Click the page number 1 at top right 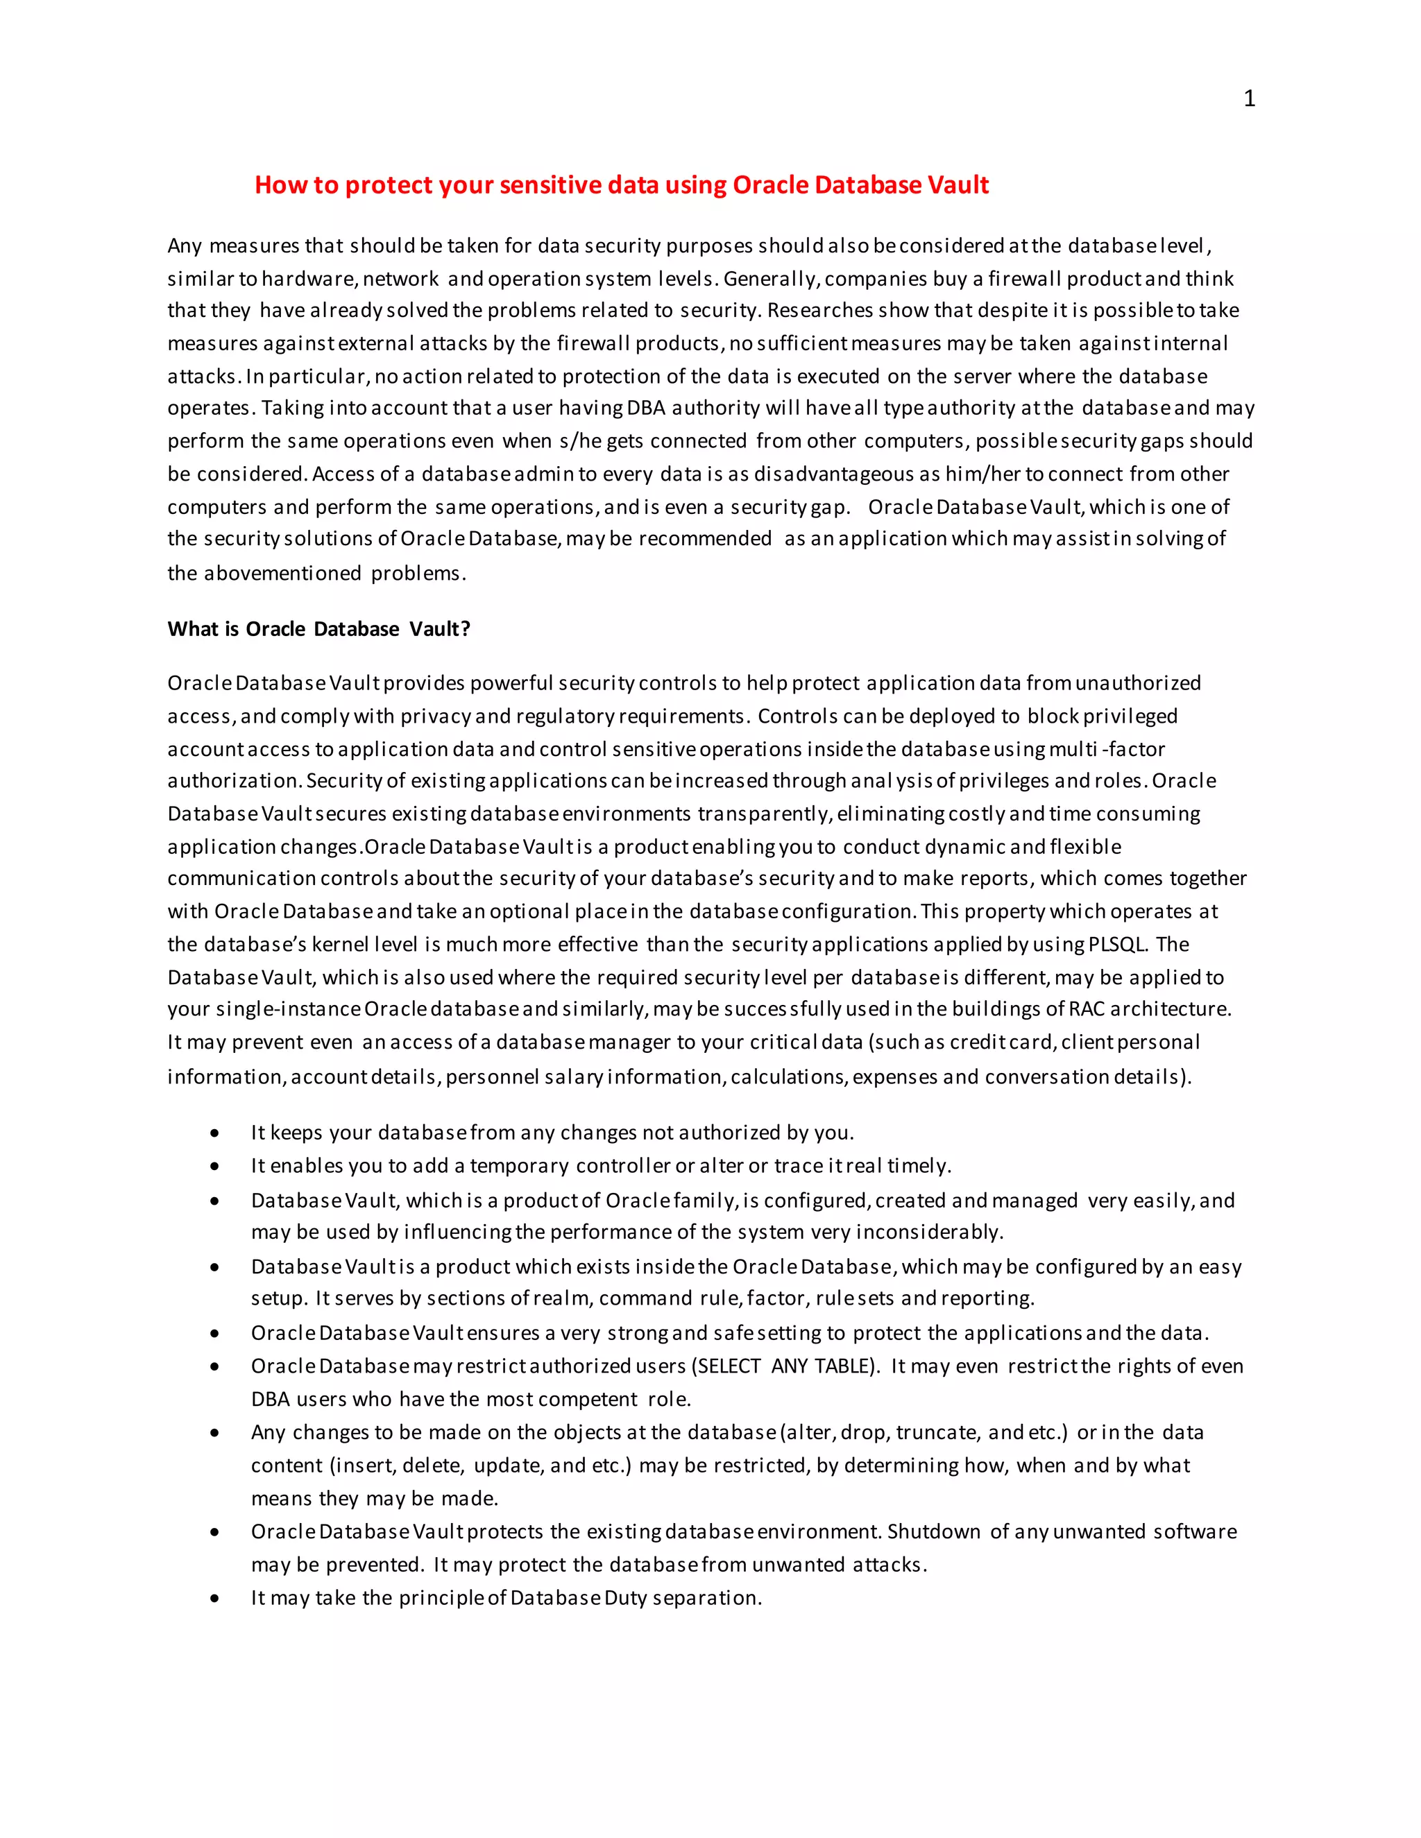pyautogui.click(x=1249, y=98)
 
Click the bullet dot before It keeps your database pyautogui.click(x=216, y=1133)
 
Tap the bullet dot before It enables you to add pyautogui.click(x=216, y=1167)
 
